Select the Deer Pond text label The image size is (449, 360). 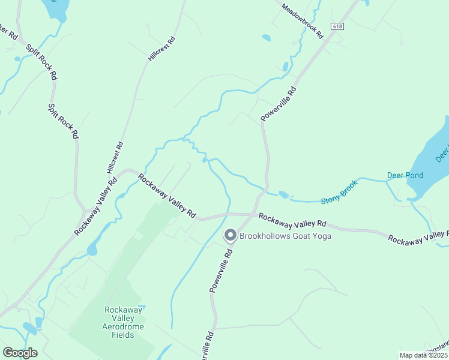coord(405,176)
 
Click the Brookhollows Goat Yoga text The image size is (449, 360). coord(285,236)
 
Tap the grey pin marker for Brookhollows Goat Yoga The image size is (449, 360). coord(230,235)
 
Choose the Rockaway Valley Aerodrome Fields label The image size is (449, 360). coord(124,322)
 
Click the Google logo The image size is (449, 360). coord(20,353)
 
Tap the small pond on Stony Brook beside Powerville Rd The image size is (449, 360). coord(284,194)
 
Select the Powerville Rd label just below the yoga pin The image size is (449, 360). coord(220,271)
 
